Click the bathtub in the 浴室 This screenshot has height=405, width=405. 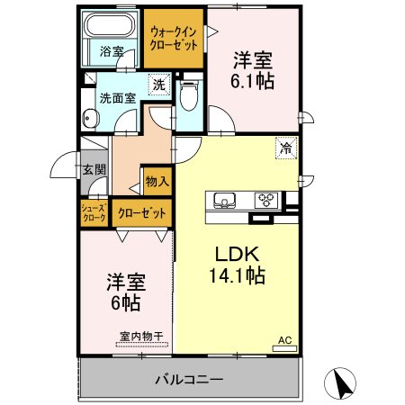tap(110, 25)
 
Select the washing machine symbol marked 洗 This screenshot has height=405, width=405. tap(159, 85)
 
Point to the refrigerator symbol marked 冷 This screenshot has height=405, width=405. tap(286, 148)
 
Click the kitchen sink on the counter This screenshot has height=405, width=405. tap(224, 200)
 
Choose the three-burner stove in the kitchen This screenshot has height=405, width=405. tap(266, 200)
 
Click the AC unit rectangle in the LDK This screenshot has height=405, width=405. tap(284, 348)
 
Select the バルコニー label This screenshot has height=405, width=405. tap(189, 380)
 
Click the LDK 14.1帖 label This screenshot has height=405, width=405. tap(237, 265)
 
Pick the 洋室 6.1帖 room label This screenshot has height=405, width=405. tap(253, 71)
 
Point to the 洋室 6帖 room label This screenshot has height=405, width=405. tap(126, 292)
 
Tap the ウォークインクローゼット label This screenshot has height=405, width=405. tap(174, 39)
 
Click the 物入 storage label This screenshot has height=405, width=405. tap(157, 182)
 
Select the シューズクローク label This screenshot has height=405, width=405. tap(94, 212)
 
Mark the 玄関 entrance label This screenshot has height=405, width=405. tap(94, 169)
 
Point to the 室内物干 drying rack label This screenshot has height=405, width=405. tap(141, 337)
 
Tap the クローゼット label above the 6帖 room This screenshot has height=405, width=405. tap(141, 213)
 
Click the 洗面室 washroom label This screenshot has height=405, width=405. tap(118, 98)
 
